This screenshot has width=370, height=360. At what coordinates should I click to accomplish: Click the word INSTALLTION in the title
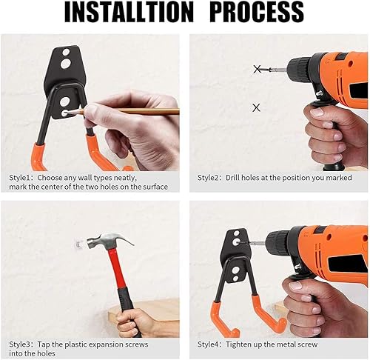(129, 12)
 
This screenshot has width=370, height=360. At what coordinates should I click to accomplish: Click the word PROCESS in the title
(258, 12)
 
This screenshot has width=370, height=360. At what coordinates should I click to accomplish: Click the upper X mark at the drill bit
(258, 69)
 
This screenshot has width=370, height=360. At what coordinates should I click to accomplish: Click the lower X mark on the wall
(257, 107)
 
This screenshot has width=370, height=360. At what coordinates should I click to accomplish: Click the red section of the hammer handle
(115, 268)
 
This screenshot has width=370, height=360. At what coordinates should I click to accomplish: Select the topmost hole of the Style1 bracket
(66, 53)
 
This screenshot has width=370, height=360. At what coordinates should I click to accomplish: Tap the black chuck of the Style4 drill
(280, 243)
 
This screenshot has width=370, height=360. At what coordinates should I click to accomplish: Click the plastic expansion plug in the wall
(78, 244)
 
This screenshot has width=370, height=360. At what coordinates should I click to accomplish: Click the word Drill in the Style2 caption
(232, 178)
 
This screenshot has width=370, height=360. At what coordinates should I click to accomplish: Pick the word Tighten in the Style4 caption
(238, 344)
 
